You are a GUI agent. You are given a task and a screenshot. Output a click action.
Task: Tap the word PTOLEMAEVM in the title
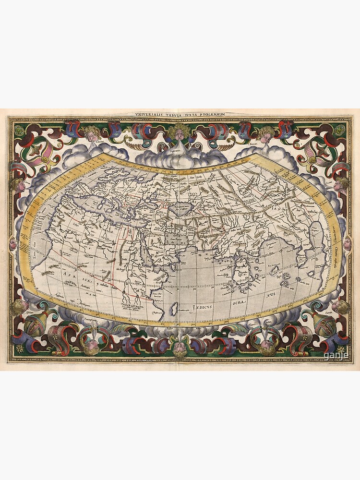click(211, 114)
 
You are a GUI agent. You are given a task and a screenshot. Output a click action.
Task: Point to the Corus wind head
click(341, 184)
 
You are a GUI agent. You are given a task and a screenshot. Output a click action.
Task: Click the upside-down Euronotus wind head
click(91, 344)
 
